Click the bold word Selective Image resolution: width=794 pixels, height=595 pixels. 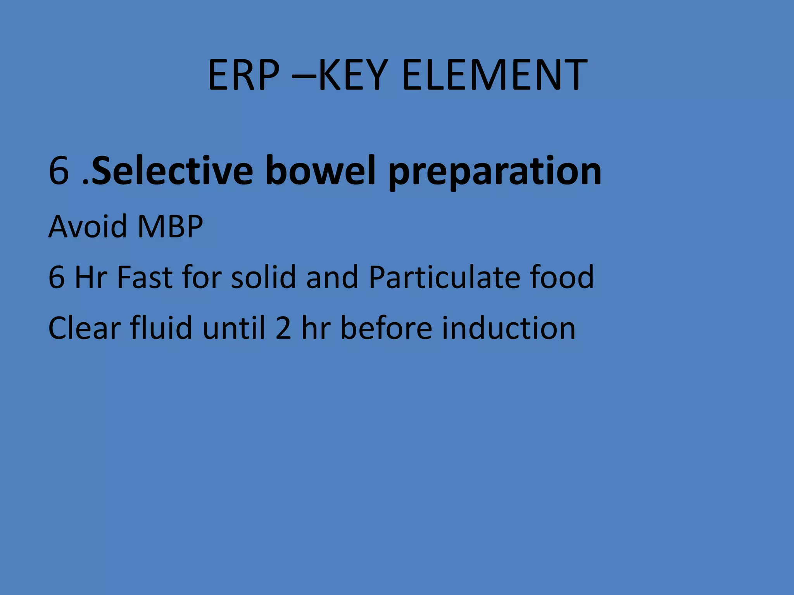coord(173,171)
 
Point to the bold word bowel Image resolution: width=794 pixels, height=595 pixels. coord(320,171)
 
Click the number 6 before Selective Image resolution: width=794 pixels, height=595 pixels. coord(59,171)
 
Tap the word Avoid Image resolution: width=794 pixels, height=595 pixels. coord(88,226)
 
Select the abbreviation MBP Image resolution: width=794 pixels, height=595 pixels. coord(170,226)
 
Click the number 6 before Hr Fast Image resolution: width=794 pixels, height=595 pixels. coord(57,277)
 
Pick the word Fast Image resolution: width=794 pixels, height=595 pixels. coord(145,277)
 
